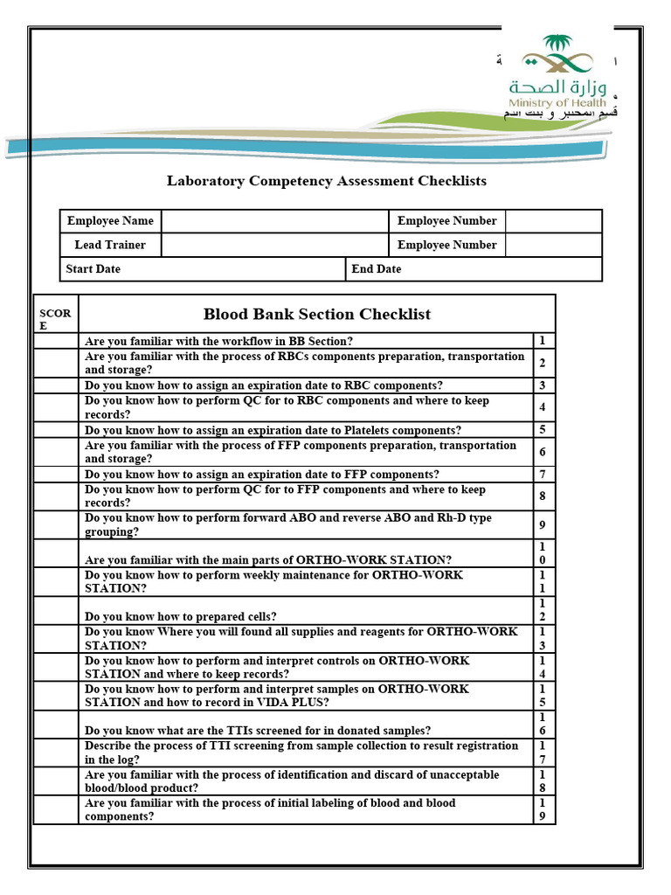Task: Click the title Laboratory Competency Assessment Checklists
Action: tap(327, 181)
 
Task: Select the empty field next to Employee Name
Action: tap(274, 221)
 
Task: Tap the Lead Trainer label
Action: tap(110, 245)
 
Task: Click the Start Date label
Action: tap(93, 269)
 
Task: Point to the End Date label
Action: tap(377, 269)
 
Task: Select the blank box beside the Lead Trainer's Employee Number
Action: tap(553, 245)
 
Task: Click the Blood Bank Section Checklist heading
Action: tap(316, 314)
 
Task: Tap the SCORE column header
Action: tap(55, 319)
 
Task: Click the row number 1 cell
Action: tap(543, 341)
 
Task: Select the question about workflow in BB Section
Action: tap(218, 342)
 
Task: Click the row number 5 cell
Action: tap(543, 429)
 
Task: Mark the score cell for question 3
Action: tap(56, 385)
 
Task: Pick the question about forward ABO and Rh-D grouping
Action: tap(288, 524)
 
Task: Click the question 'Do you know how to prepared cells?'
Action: tap(181, 617)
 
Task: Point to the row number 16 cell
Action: tap(543, 725)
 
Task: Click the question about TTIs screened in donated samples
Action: tap(258, 731)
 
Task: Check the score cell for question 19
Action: tap(56, 809)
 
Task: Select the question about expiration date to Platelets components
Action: tap(273, 430)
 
